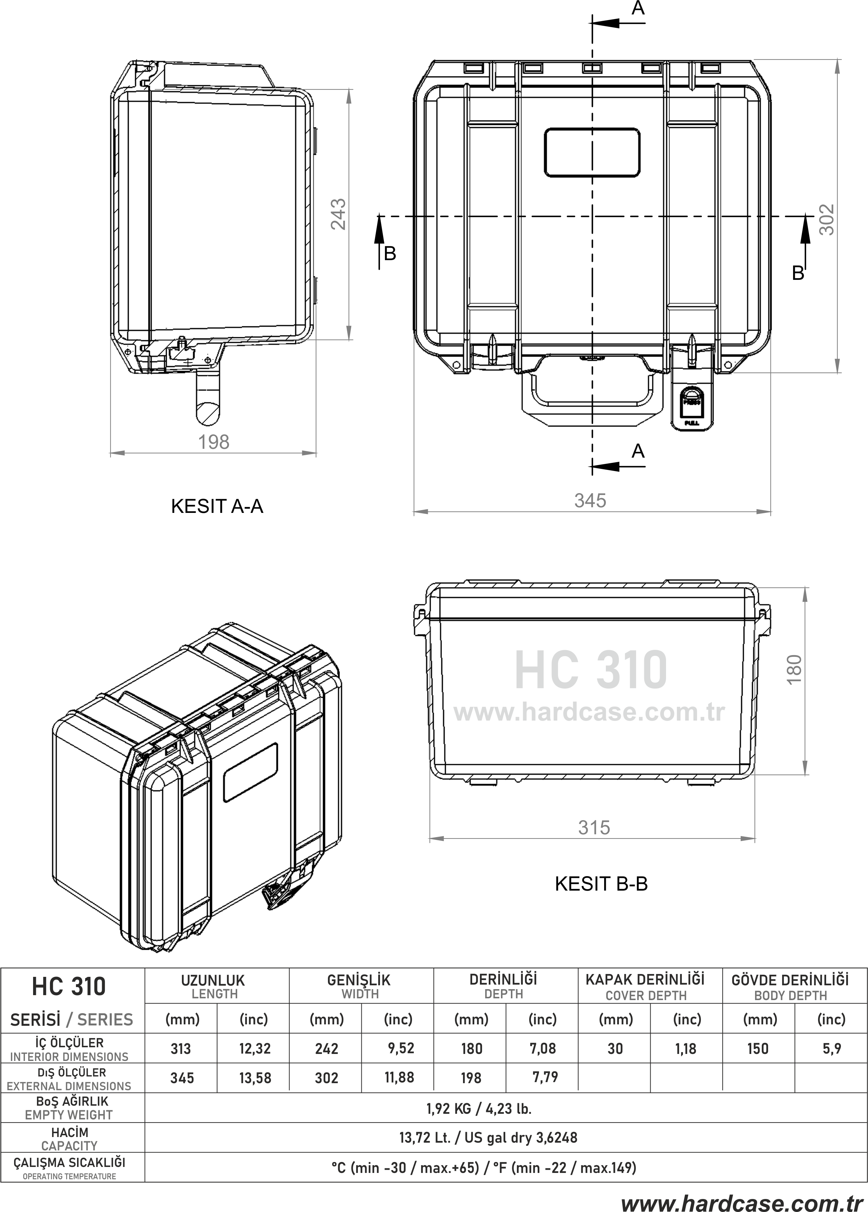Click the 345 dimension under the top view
[590, 501]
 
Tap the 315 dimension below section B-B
[594, 828]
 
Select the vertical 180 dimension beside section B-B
[794, 668]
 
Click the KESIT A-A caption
[217, 506]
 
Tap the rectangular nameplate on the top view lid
[592, 152]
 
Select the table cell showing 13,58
[255, 1078]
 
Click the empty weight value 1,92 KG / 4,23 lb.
[479, 1109]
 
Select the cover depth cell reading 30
[615, 1048]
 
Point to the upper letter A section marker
[638, 8]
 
